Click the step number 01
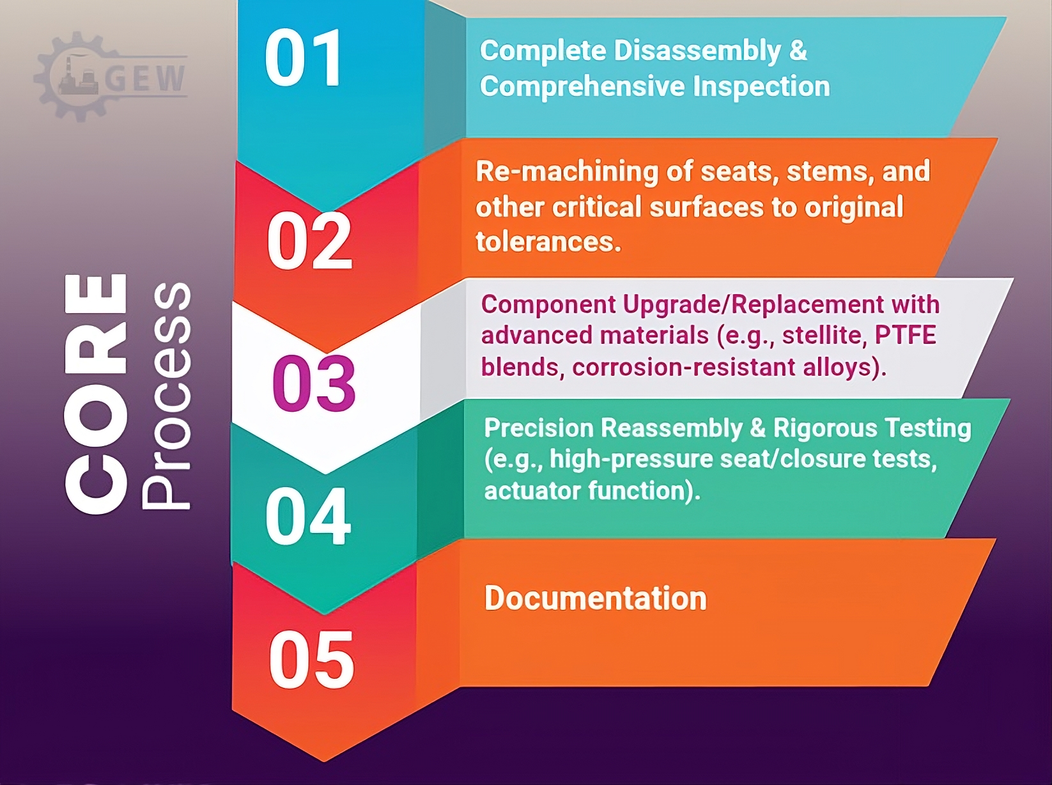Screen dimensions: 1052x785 pos(303,58)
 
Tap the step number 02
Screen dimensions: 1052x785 pos(309,240)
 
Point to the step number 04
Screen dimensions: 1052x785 pos(308,516)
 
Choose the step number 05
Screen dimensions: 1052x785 pos(311,660)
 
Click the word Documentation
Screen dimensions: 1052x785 pos(595,598)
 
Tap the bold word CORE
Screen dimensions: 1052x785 pos(96,393)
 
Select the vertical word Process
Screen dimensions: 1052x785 pos(167,396)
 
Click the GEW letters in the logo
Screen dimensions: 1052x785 pos(145,77)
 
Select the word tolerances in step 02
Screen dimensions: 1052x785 pos(548,241)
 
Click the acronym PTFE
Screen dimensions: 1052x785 pos(906,335)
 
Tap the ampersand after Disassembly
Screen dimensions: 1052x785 pos(798,51)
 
